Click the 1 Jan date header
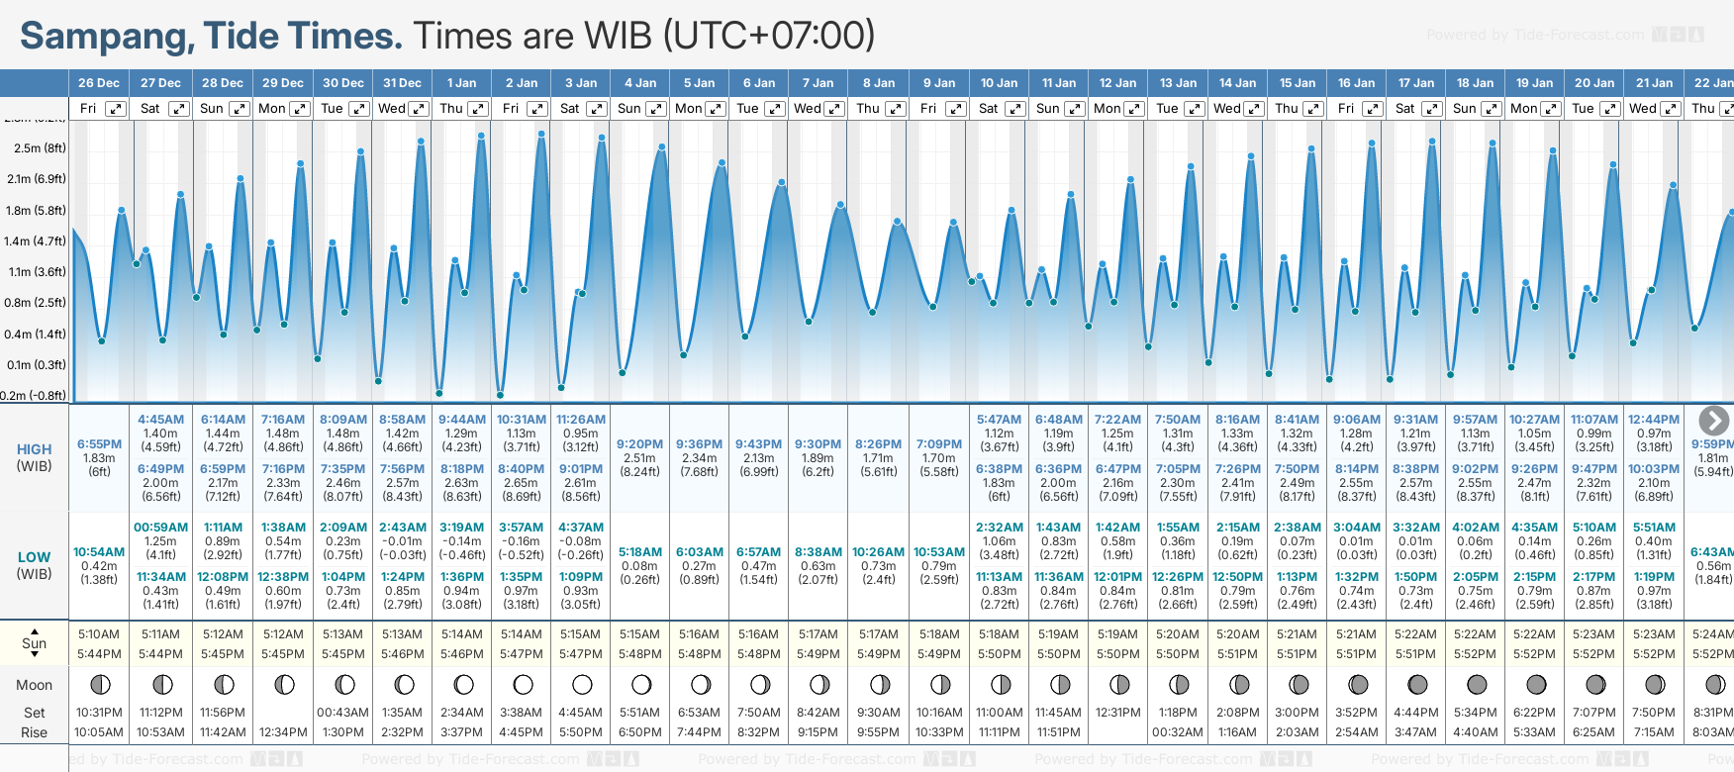click(x=461, y=83)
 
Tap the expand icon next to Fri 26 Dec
click(x=117, y=109)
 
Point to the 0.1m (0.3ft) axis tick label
click(x=35, y=365)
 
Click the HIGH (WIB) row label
click(x=35, y=457)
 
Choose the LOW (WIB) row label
click(x=35, y=565)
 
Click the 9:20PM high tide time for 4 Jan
click(x=639, y=444)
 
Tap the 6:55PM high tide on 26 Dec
click(x=99, y=444)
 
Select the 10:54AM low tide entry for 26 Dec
click(x=99, y=552)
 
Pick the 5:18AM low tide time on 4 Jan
click(x=639, y=552)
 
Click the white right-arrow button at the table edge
click(x=1713, y=421)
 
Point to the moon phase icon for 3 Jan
click(x=582, y=684)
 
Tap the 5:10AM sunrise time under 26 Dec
click(x=99, y=634)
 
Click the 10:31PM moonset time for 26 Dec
click(x=99, y=713)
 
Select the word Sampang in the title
click(x=107, y=36)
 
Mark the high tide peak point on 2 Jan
click(x=541, y=134)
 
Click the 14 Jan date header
click(x=1237, y=83)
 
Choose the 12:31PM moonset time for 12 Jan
click(x=1117, y=713)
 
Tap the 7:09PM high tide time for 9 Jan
click(x=938, y=444)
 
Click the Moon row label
click(x=35, y=685)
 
